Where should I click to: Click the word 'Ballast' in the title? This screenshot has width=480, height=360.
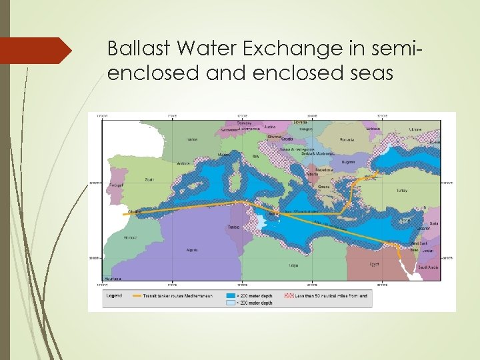tap(131, 49)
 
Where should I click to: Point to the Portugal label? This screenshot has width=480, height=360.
tap(115, 186)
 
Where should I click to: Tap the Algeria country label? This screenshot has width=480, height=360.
tap(193, 251)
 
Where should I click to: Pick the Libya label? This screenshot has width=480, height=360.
tap(293, 265)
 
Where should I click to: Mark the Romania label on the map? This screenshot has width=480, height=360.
tap(347, 140)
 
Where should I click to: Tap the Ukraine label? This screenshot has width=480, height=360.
tap(415, 128)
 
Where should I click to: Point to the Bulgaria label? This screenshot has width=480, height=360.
tap(348, 161)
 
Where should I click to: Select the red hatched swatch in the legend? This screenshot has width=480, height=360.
tap(289, 295)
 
